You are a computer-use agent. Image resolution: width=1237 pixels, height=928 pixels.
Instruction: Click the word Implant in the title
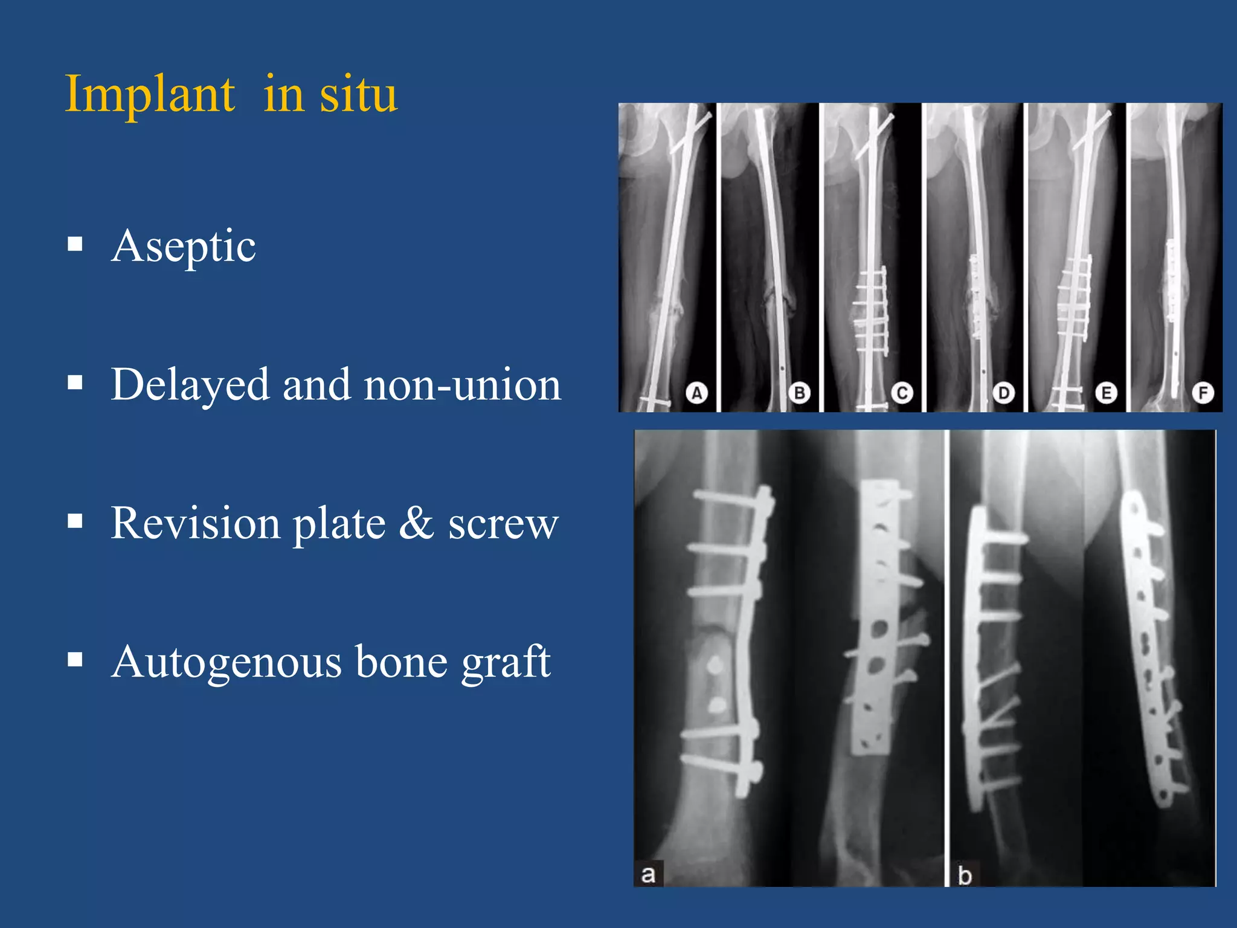[x=149, y=95]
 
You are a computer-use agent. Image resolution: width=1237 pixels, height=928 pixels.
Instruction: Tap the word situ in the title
[x=358, y=95]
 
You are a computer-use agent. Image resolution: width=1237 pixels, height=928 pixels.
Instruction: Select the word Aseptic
[x=184, y=246]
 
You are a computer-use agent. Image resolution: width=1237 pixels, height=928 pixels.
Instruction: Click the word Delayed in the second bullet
[x=190, y=385]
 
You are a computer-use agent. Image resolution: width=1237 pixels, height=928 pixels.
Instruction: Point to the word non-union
[x=463, y=385]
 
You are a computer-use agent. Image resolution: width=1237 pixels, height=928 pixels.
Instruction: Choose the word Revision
[x=196, y=523]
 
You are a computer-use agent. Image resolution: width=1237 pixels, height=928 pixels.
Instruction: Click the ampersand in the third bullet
[x=416, y=523]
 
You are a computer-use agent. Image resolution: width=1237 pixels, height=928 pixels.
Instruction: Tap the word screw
[x=503, y=524]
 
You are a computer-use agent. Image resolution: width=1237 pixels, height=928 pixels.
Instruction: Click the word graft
[x=506, y=662]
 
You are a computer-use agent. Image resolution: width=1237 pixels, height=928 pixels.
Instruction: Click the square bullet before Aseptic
[x=75, y=244]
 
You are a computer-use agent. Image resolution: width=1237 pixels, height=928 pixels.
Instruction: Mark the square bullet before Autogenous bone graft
[x=75, y=659]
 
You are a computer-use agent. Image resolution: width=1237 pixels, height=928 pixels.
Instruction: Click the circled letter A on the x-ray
[x=696, y=393]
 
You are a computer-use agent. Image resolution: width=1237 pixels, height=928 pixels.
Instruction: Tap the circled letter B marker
[x=799, y=393]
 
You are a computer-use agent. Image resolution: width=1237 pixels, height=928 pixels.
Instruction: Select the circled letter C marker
[x=902, y=393]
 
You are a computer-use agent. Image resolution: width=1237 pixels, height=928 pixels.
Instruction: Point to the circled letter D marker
[x=1003, y=393]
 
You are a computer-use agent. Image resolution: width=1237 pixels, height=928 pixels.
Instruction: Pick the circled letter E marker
[x=1106, y=393]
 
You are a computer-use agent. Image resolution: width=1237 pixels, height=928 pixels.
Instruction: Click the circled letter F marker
[x=1203, y=393]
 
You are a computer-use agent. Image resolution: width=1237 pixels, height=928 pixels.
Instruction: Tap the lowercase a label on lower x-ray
[x=648, y=874]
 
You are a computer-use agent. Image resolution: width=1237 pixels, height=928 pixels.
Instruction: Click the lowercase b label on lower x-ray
[x=965, y=875]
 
